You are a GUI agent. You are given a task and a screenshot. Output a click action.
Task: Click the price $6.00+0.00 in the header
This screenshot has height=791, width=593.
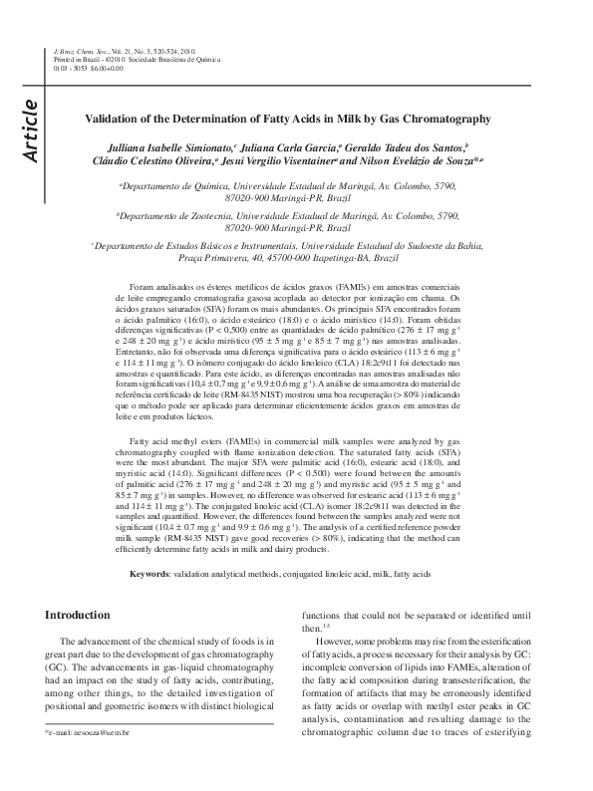click(103, 68)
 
